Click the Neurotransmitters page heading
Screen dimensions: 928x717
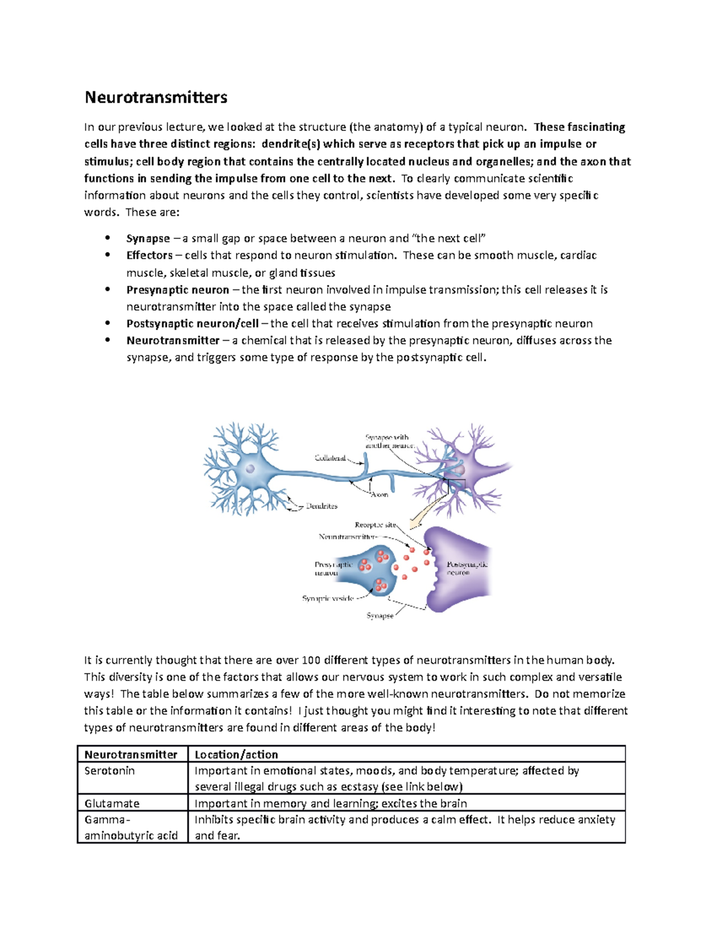coord(156,97)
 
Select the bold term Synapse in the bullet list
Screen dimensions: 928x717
coord(148,238)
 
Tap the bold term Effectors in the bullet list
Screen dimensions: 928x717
coord(149,255)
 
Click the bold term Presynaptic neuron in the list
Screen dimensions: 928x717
coord(177,290)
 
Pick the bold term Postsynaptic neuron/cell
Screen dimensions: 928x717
coord(192,323)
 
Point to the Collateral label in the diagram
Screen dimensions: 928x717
coord(330,458)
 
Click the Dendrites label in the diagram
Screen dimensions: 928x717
coord(321,506)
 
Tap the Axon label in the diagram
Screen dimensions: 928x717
coord(379,495)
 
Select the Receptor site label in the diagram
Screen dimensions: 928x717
coord(375,525)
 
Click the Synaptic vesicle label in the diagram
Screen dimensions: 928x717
coord(327,598)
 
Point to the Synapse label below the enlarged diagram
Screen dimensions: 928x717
coord(380,615)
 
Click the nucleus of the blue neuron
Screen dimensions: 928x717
coord(250,469)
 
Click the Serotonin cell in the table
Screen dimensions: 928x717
coord(109,771)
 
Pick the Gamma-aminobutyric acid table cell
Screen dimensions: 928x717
coord(131,828)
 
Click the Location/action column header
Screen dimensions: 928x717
coord(237,754)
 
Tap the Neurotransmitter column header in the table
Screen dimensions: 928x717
coord(131,754)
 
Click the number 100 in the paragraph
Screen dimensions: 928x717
coord(311,660)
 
